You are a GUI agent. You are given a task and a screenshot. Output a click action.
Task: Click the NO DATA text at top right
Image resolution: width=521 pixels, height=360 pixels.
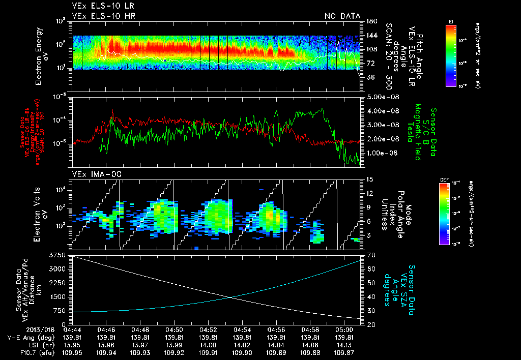342,16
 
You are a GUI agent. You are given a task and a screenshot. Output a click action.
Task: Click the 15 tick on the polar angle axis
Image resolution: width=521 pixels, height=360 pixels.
366,179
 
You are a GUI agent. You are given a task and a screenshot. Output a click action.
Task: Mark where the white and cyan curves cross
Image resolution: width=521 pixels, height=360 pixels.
231,297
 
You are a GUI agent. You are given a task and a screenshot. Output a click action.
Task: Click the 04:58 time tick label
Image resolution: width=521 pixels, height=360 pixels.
310,329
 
